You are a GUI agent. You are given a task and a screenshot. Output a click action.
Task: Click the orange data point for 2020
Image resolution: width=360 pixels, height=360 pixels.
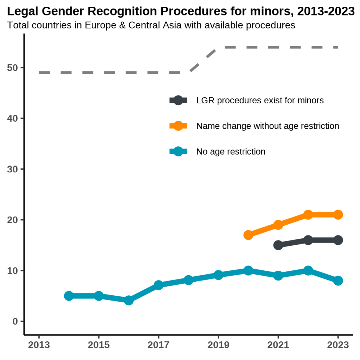[248, 235]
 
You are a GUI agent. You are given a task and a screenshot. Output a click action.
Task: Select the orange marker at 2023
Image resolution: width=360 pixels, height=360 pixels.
[338, 214]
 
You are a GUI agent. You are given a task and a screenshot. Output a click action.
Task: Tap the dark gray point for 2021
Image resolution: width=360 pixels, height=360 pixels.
[278, 245]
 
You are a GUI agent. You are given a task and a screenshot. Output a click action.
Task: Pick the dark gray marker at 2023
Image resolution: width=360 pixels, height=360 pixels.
[338, 240]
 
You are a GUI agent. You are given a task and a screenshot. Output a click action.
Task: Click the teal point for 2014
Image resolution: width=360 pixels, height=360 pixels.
[69, 296]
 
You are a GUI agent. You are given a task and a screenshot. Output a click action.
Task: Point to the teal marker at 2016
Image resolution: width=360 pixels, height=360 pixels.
[129, 301]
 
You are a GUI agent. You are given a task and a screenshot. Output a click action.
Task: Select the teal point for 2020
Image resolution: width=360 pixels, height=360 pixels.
[248, 270]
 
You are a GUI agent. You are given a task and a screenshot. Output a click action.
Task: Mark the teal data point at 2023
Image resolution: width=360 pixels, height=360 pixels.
[338, 281]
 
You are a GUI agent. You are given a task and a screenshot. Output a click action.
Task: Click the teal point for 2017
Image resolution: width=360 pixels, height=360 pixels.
[159, 285]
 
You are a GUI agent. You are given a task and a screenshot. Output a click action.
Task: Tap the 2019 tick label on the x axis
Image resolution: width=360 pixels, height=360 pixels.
[218, 345]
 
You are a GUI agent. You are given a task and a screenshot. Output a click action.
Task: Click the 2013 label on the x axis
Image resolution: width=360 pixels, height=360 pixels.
[39, 345]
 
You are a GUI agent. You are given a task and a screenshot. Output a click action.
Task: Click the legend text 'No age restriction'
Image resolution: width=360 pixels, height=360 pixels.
[231, 152]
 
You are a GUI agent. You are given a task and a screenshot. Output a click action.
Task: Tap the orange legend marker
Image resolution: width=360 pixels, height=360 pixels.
[178, 126]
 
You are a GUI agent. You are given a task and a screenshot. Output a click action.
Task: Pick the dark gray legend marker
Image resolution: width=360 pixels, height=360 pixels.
[178, 100]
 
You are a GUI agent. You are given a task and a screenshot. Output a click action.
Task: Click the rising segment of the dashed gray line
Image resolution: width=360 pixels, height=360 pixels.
[203, 59]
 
